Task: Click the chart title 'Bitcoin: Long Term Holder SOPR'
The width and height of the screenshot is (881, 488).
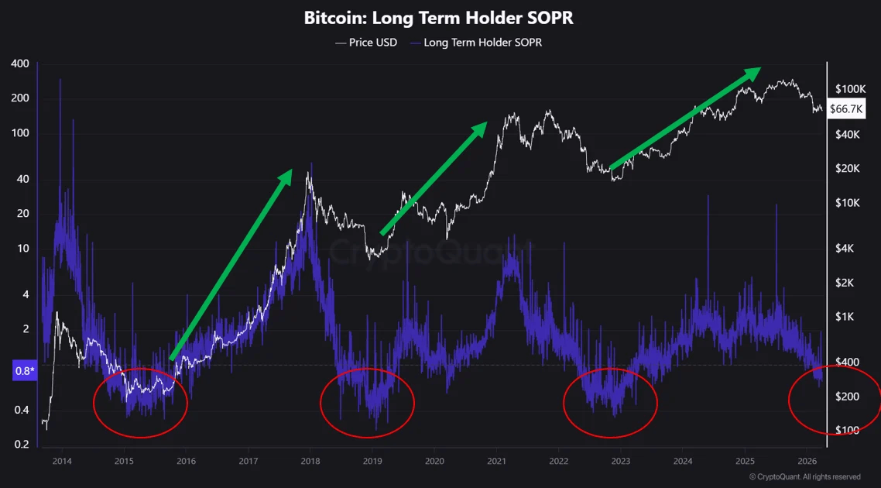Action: [439, 18]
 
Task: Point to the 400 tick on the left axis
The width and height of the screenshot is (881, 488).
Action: [20, 63]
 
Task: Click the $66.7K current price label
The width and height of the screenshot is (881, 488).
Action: [846, 109]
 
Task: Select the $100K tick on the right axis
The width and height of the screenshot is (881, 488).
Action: [850, 90]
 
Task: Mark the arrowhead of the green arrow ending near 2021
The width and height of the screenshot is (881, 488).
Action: [482, 128]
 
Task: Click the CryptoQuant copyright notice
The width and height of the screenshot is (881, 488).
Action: [804, 477]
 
